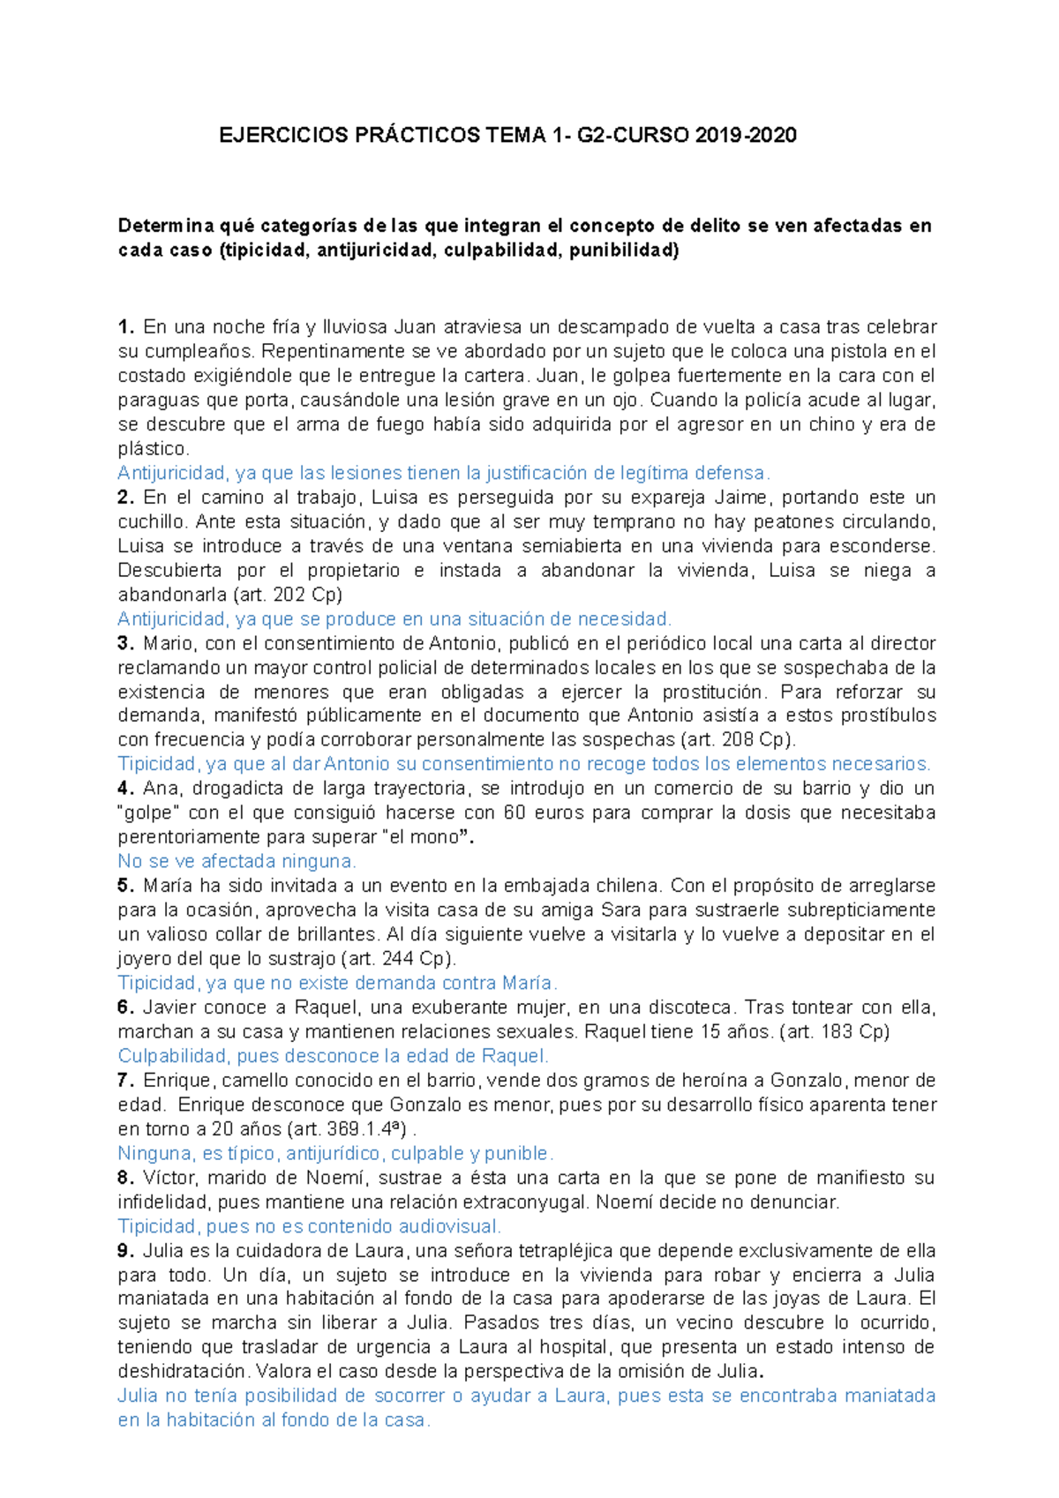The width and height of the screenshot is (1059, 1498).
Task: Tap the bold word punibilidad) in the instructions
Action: pos(624,251)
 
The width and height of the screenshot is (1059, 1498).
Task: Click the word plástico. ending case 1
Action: pos(154,449)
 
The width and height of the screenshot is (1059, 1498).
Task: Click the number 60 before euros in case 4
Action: pos(514,813)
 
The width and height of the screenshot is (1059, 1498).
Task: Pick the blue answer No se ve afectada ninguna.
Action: pos(237,861)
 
